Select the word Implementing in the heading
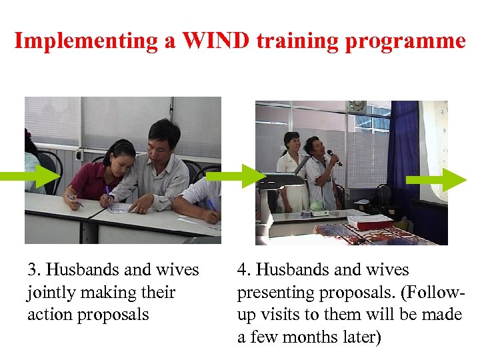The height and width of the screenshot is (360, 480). point(79,41)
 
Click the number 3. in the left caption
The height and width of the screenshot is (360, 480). point(35,270)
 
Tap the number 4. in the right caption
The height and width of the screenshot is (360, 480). point(245,270)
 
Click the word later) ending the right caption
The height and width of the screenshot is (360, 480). point(358,337)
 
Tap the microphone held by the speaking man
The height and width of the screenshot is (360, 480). point(334,158)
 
